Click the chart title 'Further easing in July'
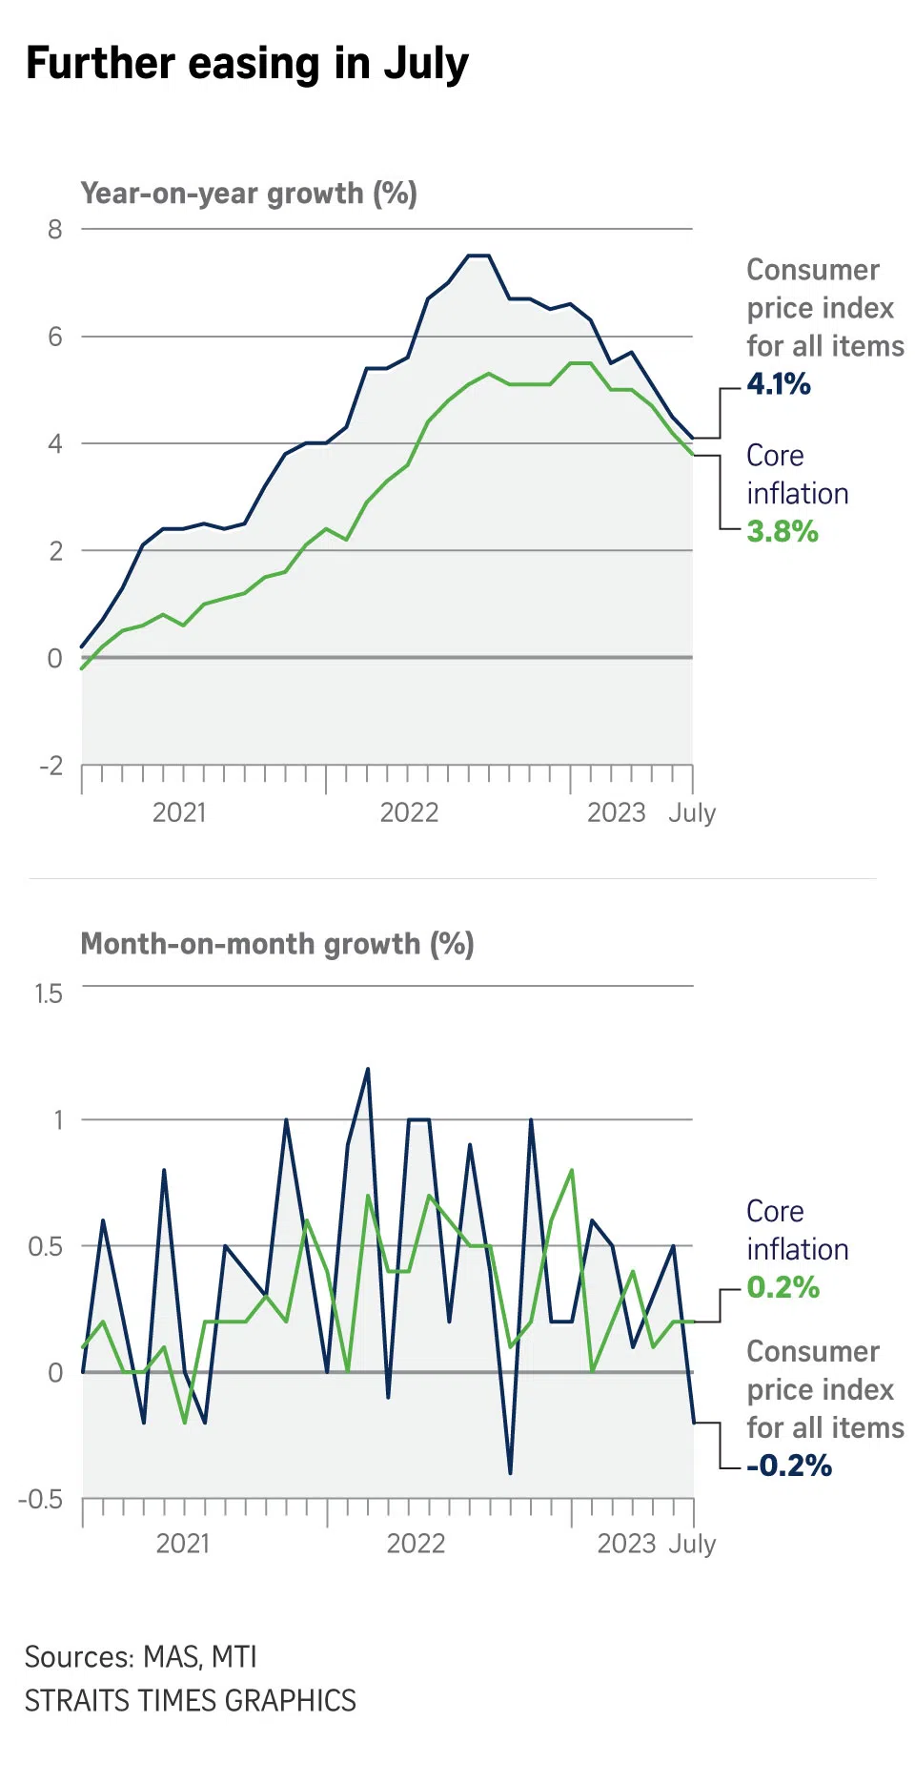pyautogui.click(x=247, y=64)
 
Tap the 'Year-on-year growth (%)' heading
pyautogui.click(x=249, y=194)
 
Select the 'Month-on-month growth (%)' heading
pyautogui.click(x=277, y=944)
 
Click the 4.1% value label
pyautogui.click(x=779, y=384)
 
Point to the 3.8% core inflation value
pyautogui.click(x=783, y=531)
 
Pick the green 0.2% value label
pyautogui.click(x=783, y=1287)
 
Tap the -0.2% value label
pyautogui.click(x=789, y=1465)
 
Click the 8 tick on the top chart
pyautogui.click(x=55, y=230)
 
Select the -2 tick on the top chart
pyautogui.click(x=51, y=766)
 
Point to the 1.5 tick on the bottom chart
pyautogui.click(x=49, y=994)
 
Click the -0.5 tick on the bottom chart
pyautogui.click(x=41, y=1499)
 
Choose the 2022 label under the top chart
pyautogui.click(x=409, y=812)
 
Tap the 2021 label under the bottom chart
pyautogui.click(x=182, y=1544)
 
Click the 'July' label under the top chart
pyautogui.click(x=692, y=812)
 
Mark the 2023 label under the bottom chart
pyautogui.click(x=626, y=1544)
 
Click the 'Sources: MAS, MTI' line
pyautogui.click(x=141, y=1657)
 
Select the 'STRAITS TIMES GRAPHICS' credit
pyautogui.click(x=190, y=1701)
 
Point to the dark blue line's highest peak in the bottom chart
pyautogui.click(x=368, y=1070)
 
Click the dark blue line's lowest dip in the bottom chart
pyautogui.click(x=511, y=1472)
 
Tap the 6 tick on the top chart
pyautogui.click(x=55, y=337)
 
